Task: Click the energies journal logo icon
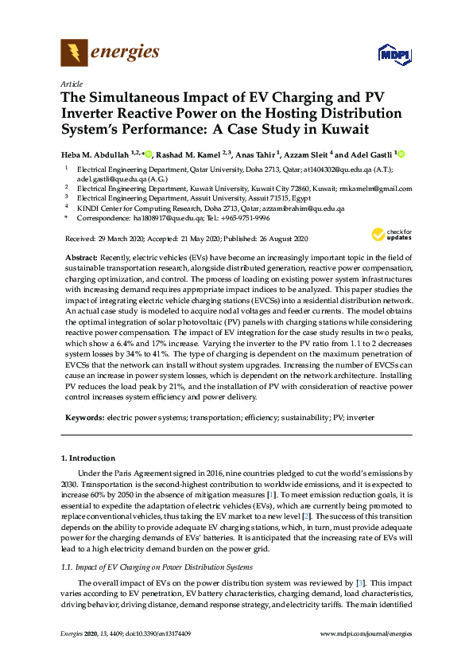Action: tap(74, 54)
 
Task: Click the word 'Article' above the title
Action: tap(72, 83)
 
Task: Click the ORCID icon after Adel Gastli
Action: tap(401, 154)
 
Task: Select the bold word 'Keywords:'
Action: tap(83, 417)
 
